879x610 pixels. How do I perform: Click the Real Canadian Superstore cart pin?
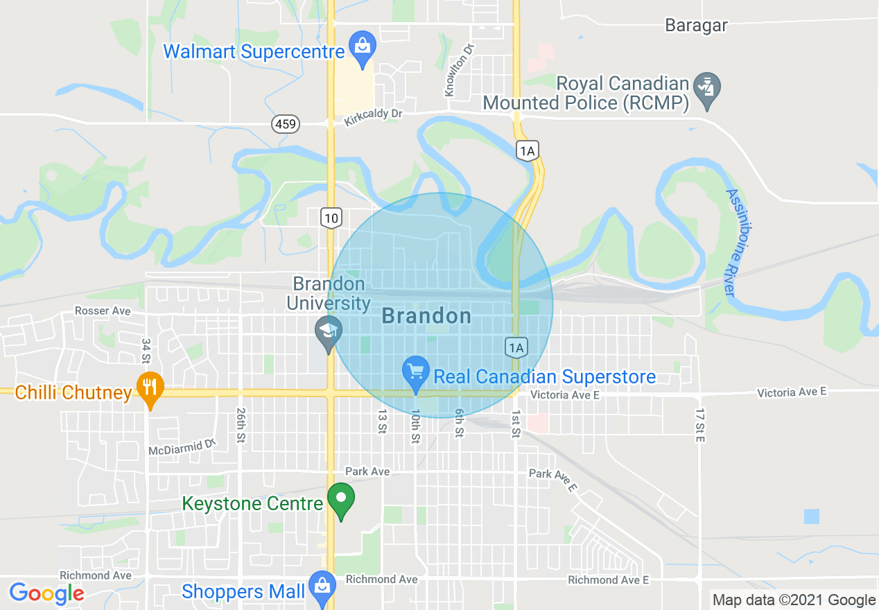click(415, 374)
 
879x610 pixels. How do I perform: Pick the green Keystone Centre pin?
click(340, 500)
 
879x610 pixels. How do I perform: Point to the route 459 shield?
click(286, 125)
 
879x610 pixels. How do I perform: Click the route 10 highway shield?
click(331, 218)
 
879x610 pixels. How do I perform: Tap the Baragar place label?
click(696, 26)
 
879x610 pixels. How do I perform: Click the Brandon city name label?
click(426, 317)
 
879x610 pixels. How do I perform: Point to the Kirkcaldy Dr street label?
click(373, 118)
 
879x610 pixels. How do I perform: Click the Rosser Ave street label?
click(103, 311)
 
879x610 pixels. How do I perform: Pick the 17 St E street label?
click(700, 425)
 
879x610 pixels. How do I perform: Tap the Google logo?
click(47, 593)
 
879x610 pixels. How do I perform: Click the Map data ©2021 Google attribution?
click(794, 600)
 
